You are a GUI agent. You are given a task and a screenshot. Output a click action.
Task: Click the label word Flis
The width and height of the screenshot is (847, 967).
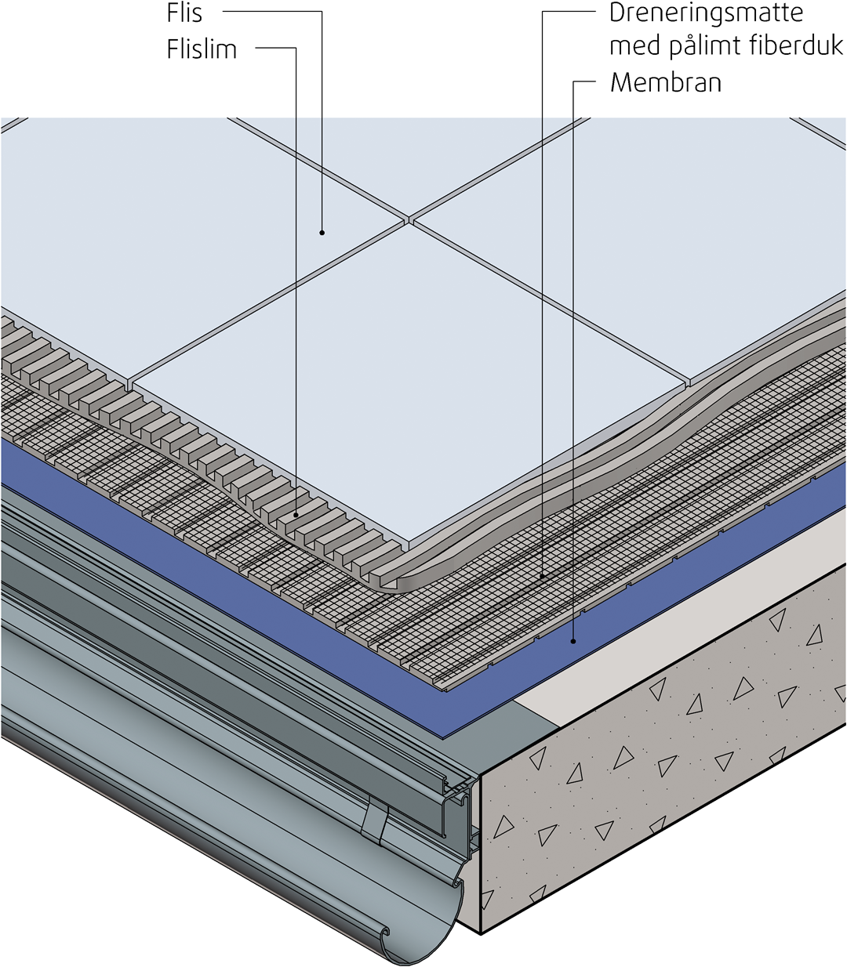(184, 13)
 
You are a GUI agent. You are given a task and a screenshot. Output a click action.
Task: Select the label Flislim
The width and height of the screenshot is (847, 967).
(202, 49)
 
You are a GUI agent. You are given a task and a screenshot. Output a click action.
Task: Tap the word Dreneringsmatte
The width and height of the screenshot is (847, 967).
(706, 13)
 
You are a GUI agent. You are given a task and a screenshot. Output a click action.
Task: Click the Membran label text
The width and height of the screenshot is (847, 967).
(666, 82)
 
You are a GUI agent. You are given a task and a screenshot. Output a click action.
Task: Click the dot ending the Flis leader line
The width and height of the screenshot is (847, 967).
(322, 232)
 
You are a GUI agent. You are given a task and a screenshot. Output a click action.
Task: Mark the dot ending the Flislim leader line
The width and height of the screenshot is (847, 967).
(296, 515)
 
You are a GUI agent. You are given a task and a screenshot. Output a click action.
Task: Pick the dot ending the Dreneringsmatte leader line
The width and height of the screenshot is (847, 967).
(542, 577)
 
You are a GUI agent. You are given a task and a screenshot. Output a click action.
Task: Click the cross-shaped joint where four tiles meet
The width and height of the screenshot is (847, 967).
(409, 219)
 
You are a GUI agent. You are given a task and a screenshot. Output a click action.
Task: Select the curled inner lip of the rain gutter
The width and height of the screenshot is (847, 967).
(384, 931)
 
